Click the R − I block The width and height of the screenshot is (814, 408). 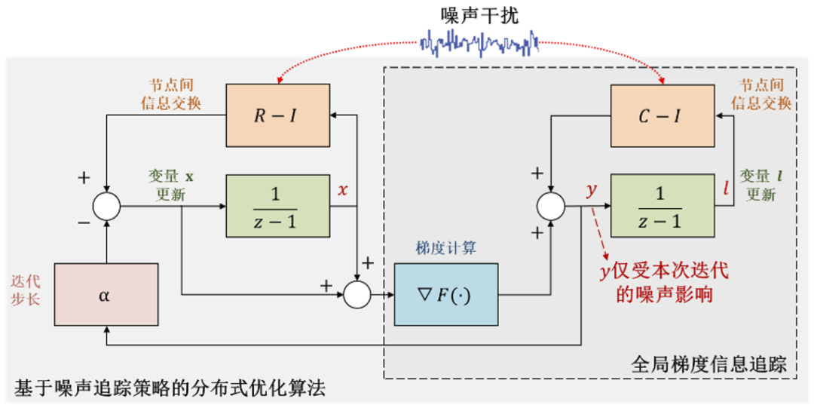point(278,115)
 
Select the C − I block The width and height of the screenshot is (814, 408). point(662,115)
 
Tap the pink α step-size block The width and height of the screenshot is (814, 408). point(106,294)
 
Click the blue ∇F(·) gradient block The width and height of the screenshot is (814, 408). point(445,294)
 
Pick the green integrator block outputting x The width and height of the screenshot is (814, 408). point(278,204)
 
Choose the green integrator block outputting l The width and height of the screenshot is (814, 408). point(662,204)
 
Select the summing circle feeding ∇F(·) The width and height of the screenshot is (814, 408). point(357,294)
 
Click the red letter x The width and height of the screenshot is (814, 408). point(343,190)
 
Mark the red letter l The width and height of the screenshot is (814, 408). point(725,190)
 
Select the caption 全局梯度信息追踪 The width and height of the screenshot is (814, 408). point(708,365)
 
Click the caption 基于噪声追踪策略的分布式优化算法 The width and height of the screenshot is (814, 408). point(170,390)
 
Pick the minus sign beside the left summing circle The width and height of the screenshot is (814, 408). point(83,223)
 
